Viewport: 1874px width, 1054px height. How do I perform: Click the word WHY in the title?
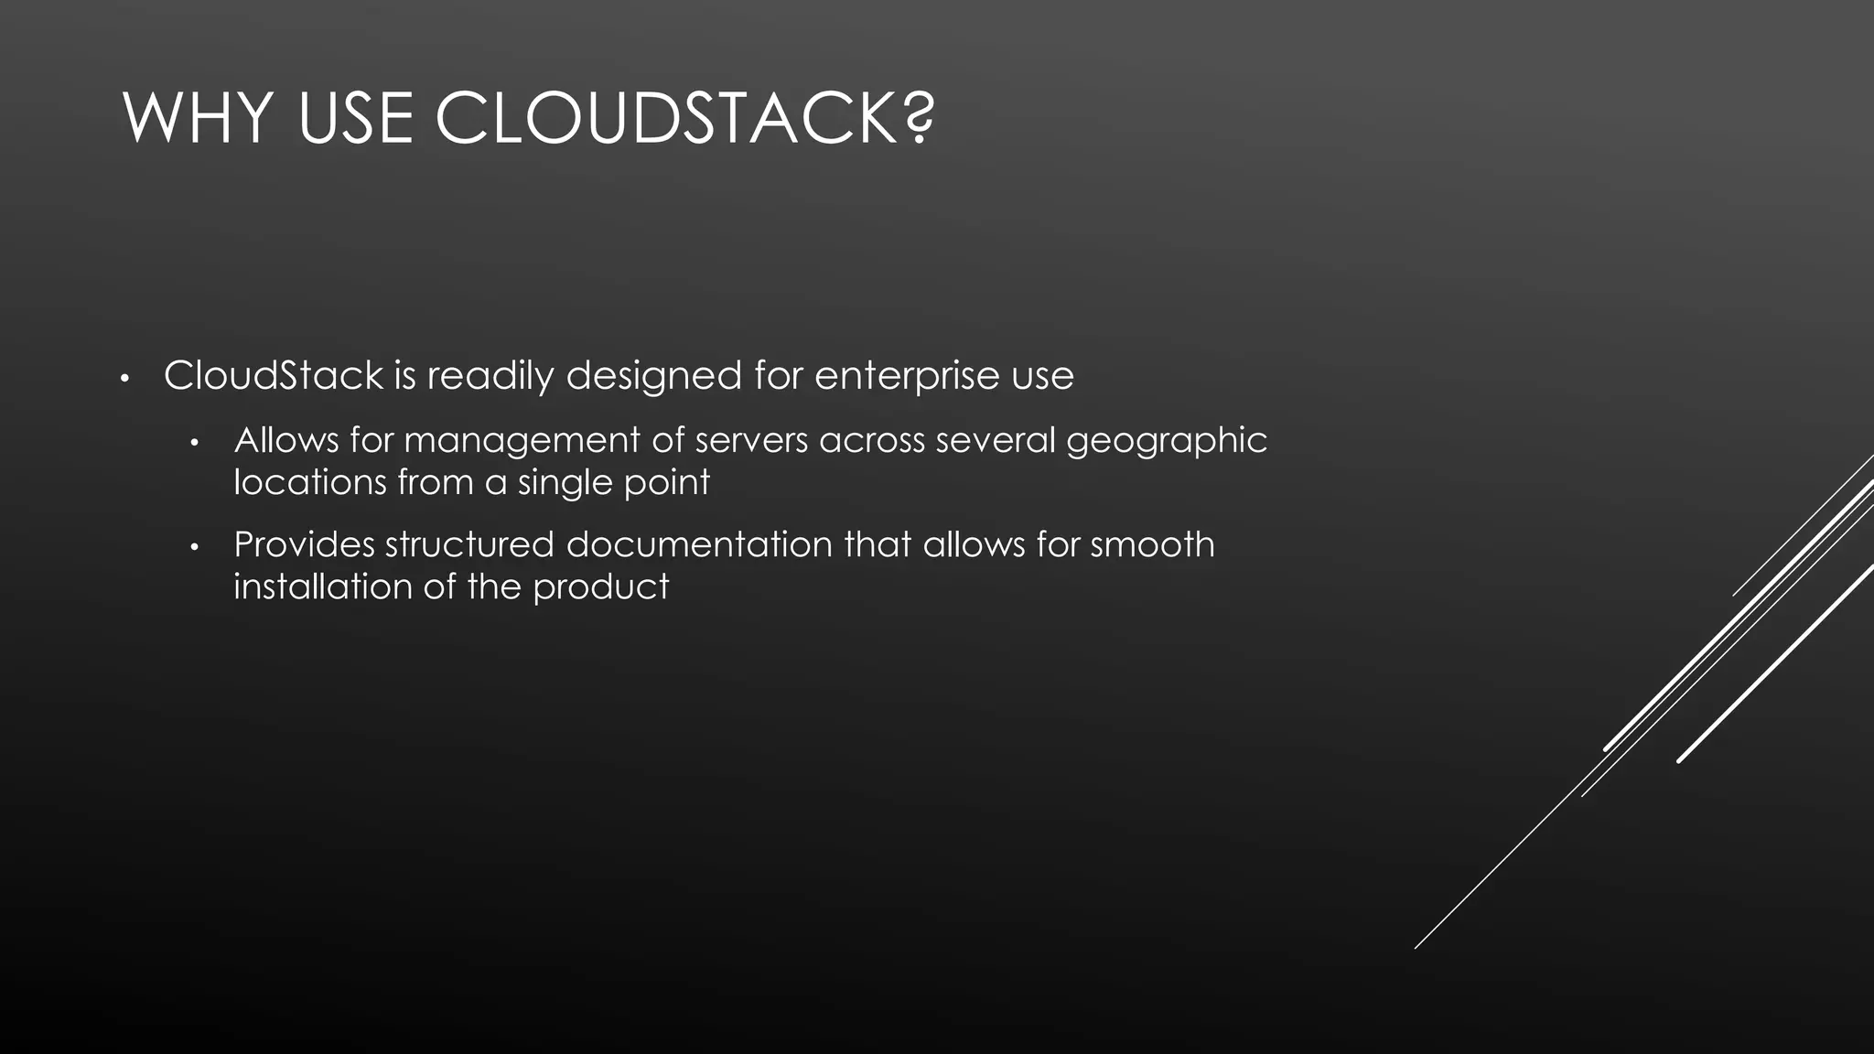tap(198, 119)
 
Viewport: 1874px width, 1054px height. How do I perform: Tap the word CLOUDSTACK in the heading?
tap(666, 119)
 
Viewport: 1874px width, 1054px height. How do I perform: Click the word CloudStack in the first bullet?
tap(274, 376)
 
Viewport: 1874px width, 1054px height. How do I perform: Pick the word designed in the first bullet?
tap(653, 376)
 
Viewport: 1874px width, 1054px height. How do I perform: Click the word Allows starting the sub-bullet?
tap(286, 441)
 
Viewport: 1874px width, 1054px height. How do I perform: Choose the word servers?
tap(751, 441)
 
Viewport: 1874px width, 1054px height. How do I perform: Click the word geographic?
tap(1167, 441)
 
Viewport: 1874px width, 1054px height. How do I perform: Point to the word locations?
tap(310, 482)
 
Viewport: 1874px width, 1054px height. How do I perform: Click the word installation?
tap(322, 586)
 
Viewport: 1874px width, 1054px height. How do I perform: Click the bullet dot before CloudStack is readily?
tap(126, 378)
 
